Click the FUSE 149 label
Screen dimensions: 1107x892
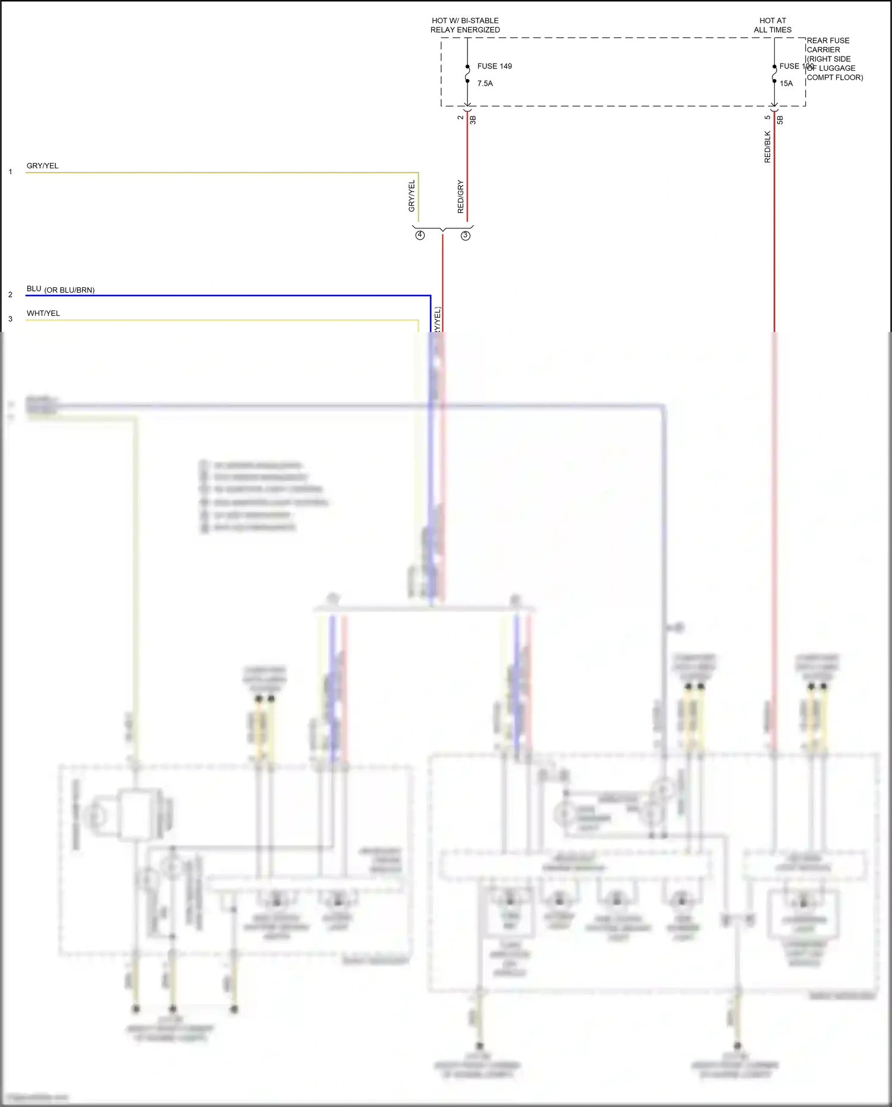click(x=494, y=66)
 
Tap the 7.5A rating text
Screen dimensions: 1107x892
click(x=485, y=83)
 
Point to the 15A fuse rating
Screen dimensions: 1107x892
click(x=786, y=83)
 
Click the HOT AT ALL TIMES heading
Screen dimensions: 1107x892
click(x=772, y=25)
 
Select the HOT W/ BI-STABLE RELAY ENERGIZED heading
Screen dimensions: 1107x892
click(x=465, y=25)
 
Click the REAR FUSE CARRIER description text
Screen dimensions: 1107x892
click(x=834, y=59)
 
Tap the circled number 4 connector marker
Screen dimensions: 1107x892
click(x=420, y=235)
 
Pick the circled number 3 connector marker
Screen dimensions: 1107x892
click(x=466, y=236)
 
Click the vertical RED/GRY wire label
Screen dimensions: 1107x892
click(x=461, y=196)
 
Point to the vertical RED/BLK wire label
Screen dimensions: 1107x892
click(x=767, y=147)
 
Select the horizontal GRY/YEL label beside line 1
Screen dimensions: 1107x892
click(x=43, y=166)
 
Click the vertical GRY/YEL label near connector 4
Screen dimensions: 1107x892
click(x=412, y=196)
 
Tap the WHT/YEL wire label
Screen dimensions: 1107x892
click(x=43, y=313)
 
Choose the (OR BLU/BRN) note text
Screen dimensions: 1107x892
click(x=70, y=290)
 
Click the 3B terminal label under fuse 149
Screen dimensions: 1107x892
click(x=473, y=120)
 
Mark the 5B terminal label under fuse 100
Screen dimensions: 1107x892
click(x=780, y=120)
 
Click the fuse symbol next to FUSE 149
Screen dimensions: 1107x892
click(x=467, y=74)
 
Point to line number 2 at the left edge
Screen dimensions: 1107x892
click(x=10, y=294)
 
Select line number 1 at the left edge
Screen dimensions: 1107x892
click(x=10, y=172)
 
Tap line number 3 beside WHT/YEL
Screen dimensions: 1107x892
click(x=10, y=319)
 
